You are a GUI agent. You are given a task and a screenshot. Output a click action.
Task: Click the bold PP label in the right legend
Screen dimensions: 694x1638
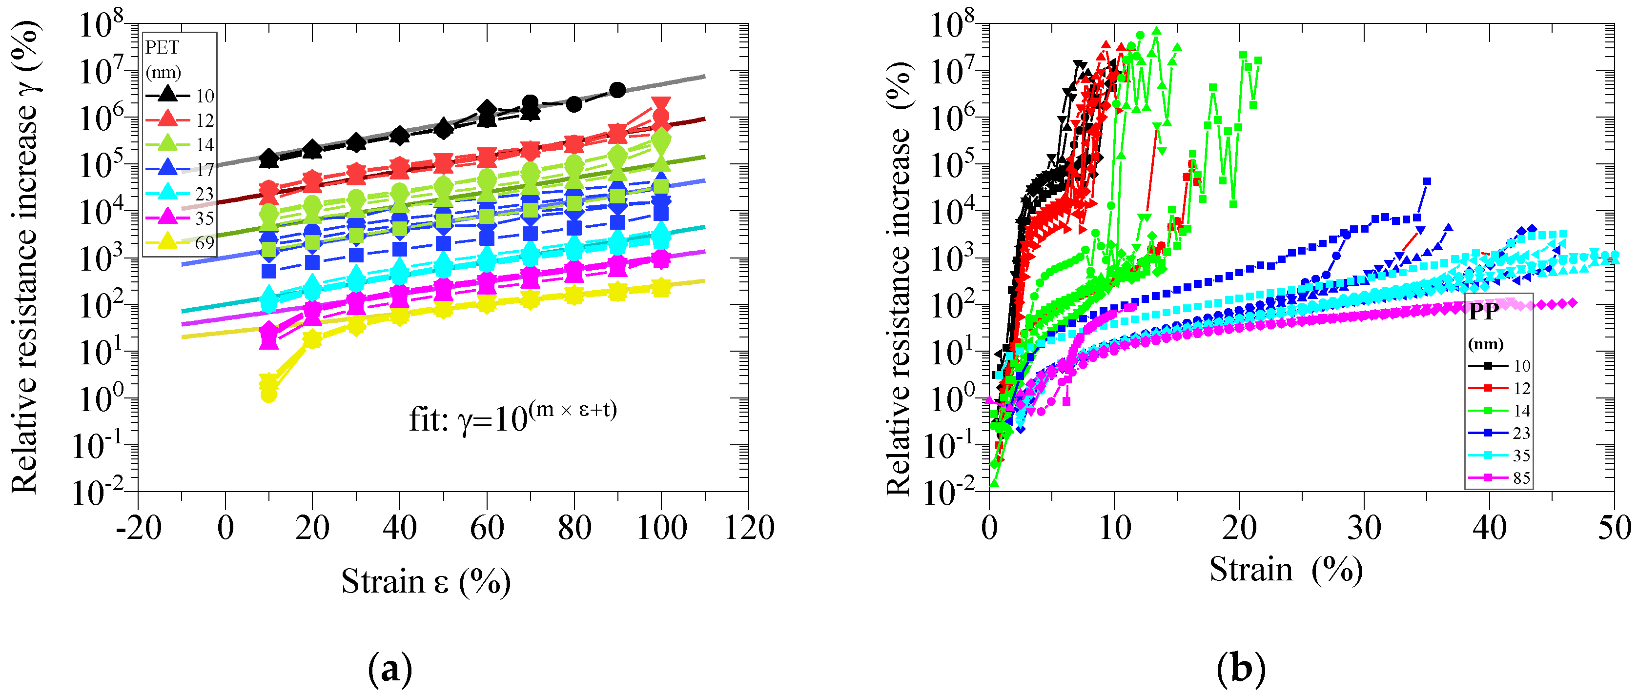click(x=1483, y=311)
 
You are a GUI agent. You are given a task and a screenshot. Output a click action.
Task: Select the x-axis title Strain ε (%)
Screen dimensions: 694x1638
click(x=426, y=581)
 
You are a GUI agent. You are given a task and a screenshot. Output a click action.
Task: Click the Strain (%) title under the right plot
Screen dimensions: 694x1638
click(x=1285, y=570)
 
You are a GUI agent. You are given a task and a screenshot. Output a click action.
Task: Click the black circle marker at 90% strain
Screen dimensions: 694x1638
click(x=617, y=90)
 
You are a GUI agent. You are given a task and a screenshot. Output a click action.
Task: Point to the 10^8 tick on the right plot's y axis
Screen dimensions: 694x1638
click(x=952, y=25)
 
